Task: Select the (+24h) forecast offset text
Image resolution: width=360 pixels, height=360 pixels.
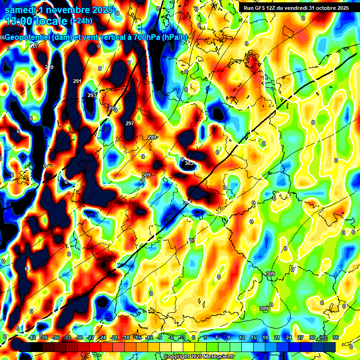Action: click(x=82, y=21)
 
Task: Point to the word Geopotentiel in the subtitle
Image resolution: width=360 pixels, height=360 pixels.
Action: click(x=29, y=37)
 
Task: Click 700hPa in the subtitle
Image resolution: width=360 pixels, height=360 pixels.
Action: click(x=146, y=37)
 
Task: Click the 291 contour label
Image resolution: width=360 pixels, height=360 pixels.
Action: click(x=77, y=82)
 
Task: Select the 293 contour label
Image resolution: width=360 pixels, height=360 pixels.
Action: click(x=92, y=96)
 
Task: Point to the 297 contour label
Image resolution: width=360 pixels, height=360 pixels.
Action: click(x=130, y=123)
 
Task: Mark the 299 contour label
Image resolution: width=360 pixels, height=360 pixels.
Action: click(x=152, y=137)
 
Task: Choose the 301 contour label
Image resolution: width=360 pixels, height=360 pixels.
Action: click(x=146, y=175)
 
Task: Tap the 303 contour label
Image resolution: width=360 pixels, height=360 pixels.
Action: click(x=188, y=163)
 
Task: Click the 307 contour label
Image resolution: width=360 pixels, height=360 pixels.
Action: click(x=191, y=240)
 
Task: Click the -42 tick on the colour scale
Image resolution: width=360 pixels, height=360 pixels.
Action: click(x=32, y=338)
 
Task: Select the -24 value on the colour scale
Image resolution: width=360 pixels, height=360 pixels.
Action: click(x=102, y=338)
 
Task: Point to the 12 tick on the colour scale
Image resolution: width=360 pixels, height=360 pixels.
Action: click(x=242, y=338)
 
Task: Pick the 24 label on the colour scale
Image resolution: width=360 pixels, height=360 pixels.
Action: click(x=288, y=338)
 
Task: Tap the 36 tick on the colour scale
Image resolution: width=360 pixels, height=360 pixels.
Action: click(x=336, y=338)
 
